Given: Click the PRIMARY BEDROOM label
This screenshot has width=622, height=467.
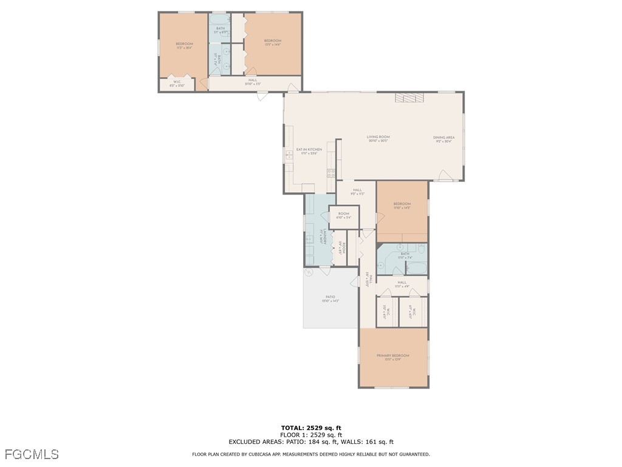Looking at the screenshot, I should pyautogui.click(x=392, y=356).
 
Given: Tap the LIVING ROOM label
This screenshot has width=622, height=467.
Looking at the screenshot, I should pyautogui.click(x=378, y=137).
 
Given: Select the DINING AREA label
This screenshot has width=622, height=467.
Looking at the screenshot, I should pyautogui.click(x=443, y=137).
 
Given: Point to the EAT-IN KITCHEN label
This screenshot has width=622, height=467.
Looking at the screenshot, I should pyautogui.click(x=309, y=150).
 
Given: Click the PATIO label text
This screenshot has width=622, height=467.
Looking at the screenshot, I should pyautogui.click(x=330, y=297).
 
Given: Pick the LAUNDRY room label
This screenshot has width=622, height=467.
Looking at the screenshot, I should pyautogui.click(x=326, y=236).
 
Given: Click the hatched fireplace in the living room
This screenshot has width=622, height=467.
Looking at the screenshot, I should pyautogui.click(x=408, y=98).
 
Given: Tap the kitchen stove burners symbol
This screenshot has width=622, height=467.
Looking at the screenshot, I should pyautogui.click(x=331, y=173).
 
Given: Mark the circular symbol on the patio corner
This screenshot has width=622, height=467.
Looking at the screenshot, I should pyautogui.click(x=308, y=272).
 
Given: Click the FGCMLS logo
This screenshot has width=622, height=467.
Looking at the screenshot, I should pyautogui.click(x=32, y=454).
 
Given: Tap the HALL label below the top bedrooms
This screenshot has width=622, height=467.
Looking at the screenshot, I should pyautogui.click(x=253, y=80).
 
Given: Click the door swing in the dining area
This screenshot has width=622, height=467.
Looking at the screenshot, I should pyautogui.click(x=445, y=176).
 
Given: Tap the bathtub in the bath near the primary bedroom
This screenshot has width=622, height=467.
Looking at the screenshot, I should pyautogui.click(x=418, y=266).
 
